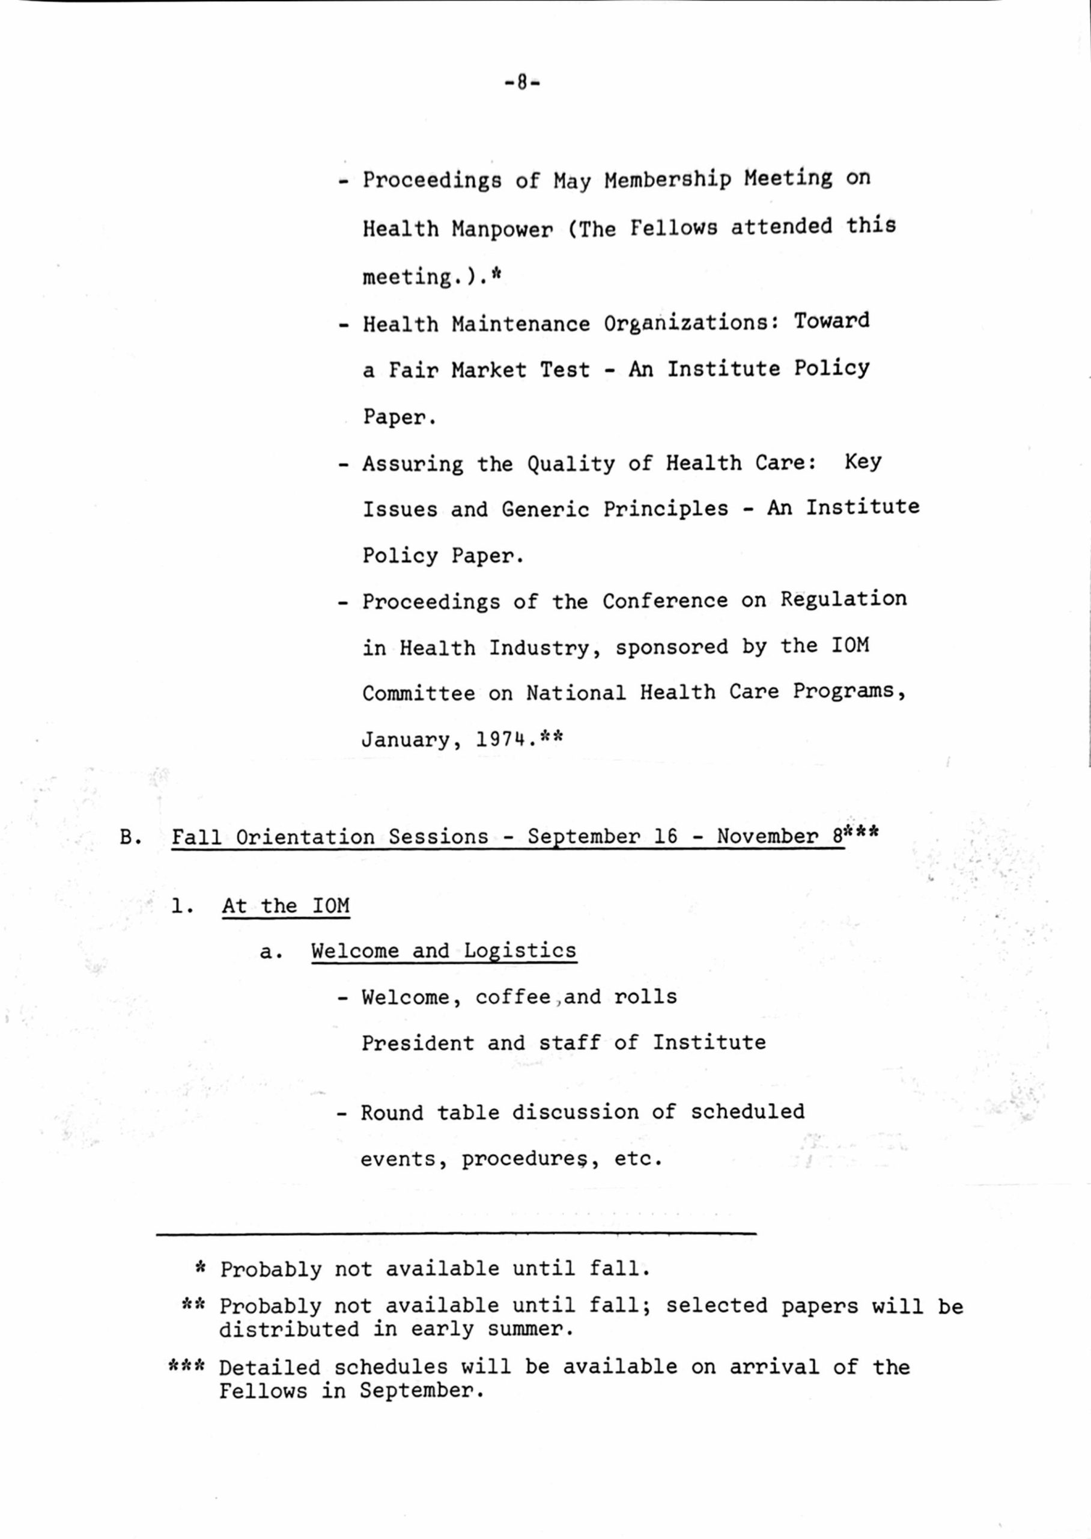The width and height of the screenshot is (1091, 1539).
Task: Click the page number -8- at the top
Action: click(x=522, y=84)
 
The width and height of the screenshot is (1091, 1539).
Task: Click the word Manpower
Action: click(x=502, y=230)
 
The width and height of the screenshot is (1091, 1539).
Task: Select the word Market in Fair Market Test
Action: click(x=489, y=370)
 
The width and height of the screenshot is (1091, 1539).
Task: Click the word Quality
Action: click(x=570, y=464)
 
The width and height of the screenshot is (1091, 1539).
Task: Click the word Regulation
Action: click(x=843, y=599)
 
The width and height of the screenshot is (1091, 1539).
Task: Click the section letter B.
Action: click(x=127, y=837)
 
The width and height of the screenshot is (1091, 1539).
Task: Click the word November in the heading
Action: click(x=767, y=837)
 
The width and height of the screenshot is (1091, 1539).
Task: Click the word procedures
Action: click(x=521, y=1159)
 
